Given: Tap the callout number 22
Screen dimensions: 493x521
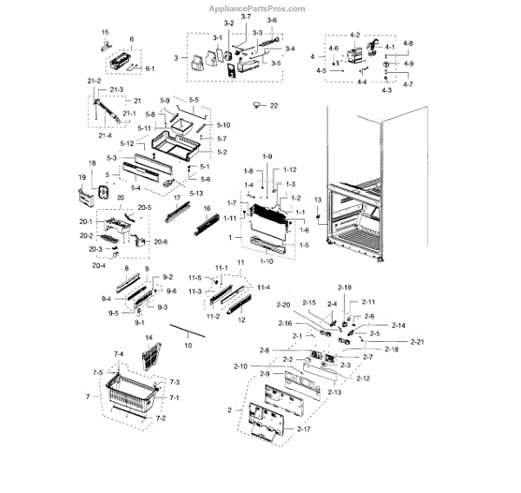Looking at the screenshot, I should [274, 105].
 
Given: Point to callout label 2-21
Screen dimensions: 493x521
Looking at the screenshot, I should [418, 341].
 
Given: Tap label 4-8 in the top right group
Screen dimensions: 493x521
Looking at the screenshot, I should [407, 43].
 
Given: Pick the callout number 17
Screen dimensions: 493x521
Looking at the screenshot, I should [176, 198].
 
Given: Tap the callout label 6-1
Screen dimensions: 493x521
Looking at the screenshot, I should [149, 69].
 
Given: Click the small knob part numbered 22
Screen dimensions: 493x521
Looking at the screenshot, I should [256, 104].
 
